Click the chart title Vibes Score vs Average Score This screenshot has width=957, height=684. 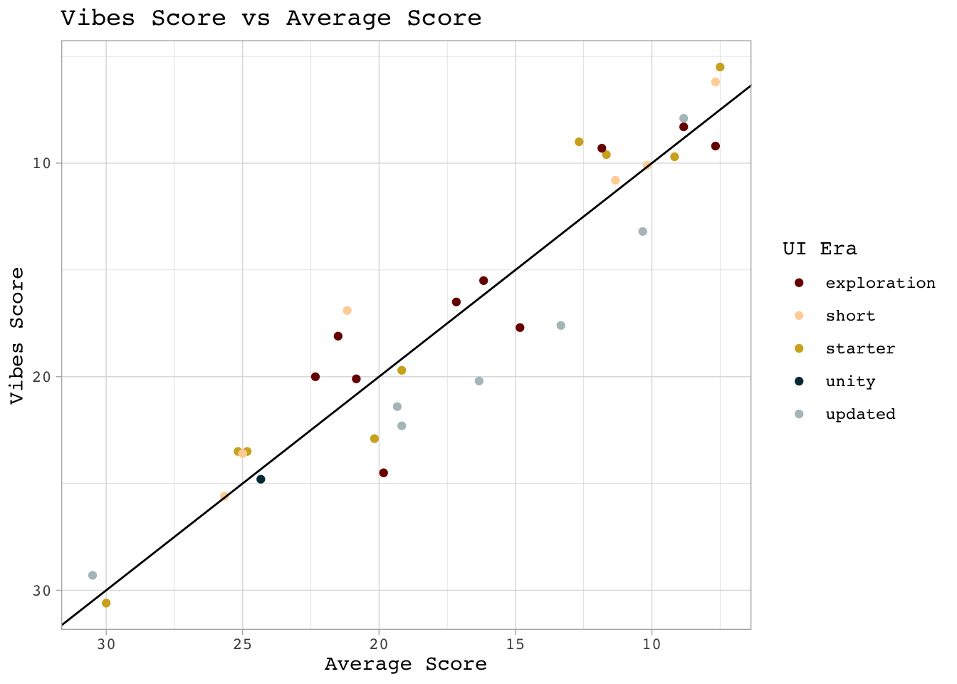(x=271, y=19)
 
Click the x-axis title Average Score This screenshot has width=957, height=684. (x=406, y=665)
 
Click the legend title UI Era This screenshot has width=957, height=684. (x=820, y=249)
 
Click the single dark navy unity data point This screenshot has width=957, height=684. (x=261, y=479)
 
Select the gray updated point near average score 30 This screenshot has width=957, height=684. (x=93, y=575)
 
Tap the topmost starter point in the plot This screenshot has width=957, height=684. (x=720, y=67)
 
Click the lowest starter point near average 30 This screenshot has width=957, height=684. (x=106, y=603)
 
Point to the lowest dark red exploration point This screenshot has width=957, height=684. (x=384, y=472)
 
